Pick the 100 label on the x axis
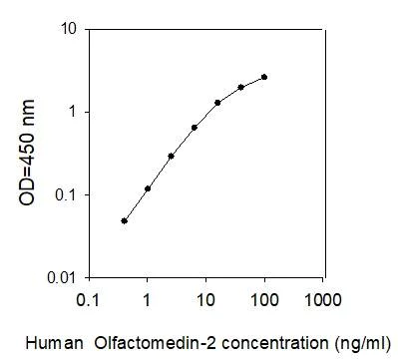coord(264,299)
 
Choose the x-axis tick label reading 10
coord(205,299)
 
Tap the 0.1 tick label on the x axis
coord(89,299)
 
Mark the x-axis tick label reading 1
coord(148,299)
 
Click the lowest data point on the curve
coord(124,220)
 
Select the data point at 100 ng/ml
coord(264,77)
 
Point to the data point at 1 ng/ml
coord(148,188)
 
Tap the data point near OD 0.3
coord(171,156)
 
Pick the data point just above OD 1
coord(217,103)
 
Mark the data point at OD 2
coord(241,87)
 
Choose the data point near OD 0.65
coord(194,128)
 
